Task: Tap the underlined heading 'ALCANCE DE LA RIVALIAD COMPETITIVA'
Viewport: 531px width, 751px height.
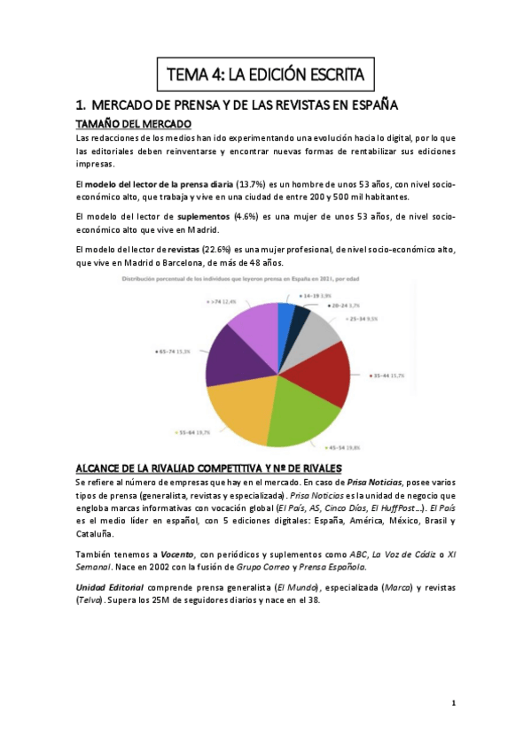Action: pos(208,468)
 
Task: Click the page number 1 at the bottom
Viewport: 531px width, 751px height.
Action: pos(453,703)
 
